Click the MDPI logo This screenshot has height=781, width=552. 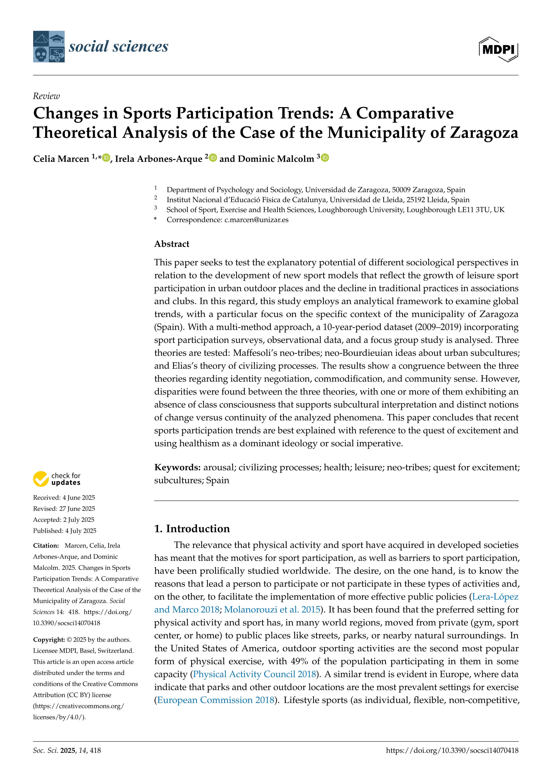498,49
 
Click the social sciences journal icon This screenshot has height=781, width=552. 49,47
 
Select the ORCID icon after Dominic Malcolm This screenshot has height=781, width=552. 325,158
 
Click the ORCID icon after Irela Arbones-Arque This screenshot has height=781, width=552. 213,158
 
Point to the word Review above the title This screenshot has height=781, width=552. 46,96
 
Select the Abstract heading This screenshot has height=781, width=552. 172,244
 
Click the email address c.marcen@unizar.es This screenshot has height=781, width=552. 256,220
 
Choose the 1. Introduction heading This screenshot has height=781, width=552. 192,529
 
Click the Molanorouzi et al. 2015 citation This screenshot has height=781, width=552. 272,609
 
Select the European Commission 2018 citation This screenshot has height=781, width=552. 215,700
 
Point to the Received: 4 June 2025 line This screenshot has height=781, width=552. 64,498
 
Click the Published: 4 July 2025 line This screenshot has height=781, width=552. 65,531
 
